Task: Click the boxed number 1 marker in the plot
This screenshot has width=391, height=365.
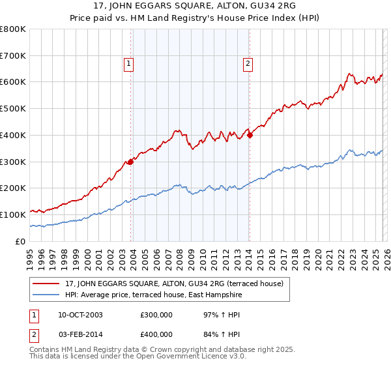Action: pyautogui.click(x=129, y=64)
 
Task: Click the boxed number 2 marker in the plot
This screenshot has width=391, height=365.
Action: pyautogui.click(x=248, y=64)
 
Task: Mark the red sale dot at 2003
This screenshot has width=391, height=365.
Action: pyautogui.click(x=131, y=162)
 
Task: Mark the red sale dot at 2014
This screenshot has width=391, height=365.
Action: pyautogui.click(x=250, y=136)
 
